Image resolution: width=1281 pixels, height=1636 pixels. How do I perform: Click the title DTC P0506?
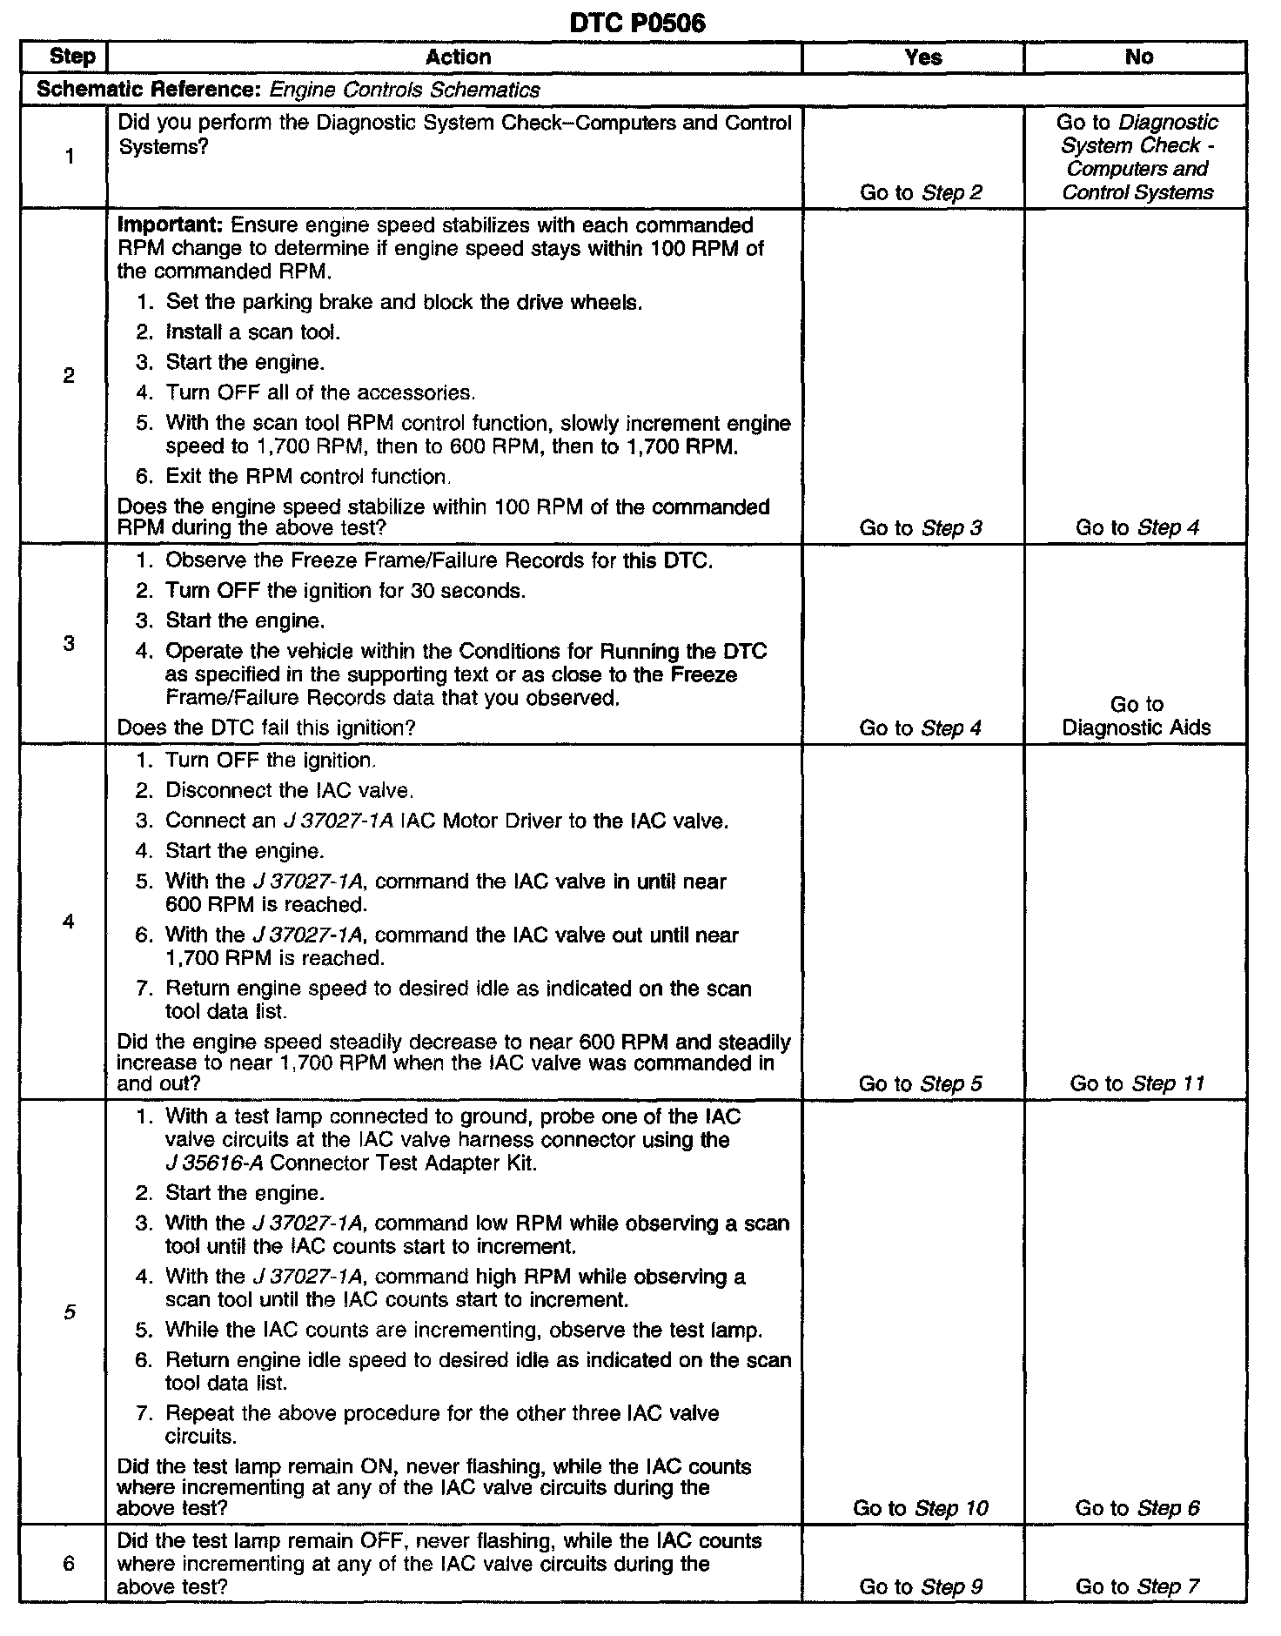[x=637, y=23]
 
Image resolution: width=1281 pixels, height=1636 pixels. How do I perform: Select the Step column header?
[x=72, y=57]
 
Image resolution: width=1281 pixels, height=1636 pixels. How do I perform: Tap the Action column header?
[x=458, y=57]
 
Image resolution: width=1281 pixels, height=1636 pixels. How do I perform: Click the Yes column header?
[x=922, y=57]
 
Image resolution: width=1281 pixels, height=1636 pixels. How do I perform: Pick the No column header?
[x=1138, y=57]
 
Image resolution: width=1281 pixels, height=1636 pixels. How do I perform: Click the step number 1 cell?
[x=69, y=157]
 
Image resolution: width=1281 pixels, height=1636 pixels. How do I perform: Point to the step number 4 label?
[x=69, y=922]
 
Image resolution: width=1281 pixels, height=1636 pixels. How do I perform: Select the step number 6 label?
[x=69, y=1564]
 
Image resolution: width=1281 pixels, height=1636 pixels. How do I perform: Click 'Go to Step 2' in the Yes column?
[x=921, y=192]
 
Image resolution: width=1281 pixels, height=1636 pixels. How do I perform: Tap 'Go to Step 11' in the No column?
[x=1137, y=1083]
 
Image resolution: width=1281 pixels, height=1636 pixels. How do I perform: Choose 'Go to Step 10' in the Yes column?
[x=921, y=1508]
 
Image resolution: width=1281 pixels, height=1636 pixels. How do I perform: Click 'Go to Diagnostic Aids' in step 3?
[x=1137, y=716]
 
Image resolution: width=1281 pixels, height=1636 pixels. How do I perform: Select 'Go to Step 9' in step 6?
[x=921, y=1586]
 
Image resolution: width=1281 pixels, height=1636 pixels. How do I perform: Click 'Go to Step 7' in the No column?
[x=1137, y=1586]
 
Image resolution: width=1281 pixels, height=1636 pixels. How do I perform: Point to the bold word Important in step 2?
[x=171, y=225]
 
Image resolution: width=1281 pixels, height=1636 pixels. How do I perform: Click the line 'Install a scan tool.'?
[x=252, y=332]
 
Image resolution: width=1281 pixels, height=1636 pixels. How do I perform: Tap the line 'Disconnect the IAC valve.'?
[x=289, y=790]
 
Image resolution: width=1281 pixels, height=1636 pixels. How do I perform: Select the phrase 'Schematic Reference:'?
[x=149, y=90]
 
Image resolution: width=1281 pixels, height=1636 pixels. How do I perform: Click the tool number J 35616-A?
[x=213, y=1163]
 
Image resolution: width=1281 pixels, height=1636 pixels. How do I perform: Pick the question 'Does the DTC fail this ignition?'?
[x=266, y=727]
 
